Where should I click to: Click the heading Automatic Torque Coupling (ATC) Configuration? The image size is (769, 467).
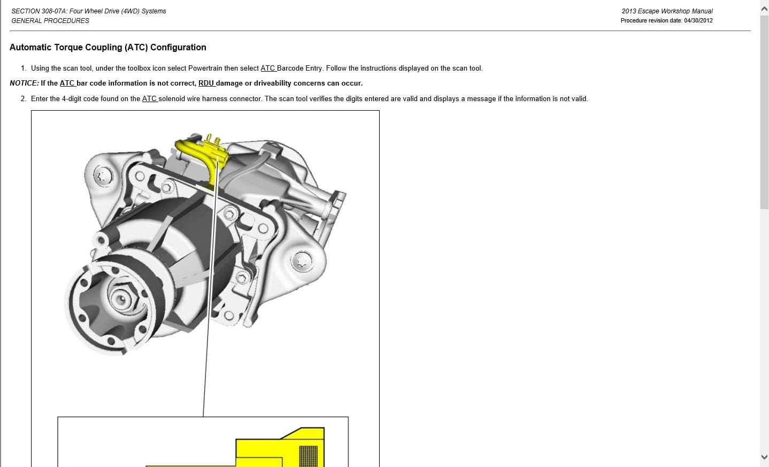click(108, 48)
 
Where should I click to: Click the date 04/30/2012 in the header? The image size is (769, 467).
click(698, 21)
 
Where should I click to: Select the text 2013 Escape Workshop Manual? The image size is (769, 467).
click(667, 11)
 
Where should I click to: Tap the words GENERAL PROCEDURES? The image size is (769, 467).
click(50, 21)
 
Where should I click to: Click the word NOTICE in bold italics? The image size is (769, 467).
click(24, 83)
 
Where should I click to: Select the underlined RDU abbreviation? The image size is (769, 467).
click(206, 83)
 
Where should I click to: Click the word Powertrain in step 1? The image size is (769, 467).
click(205, 68)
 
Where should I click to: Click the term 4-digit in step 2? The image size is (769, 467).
click(71, 99)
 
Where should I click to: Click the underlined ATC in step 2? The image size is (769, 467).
click(149, 99)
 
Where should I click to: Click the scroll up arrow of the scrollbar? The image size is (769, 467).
click(764, 10)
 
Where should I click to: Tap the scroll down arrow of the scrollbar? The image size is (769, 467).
click(764, 457)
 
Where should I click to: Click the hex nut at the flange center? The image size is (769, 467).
click(121, 298)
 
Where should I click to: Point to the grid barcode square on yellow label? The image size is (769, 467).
click(308, 456)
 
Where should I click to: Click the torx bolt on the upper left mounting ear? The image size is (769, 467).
click(103, 177)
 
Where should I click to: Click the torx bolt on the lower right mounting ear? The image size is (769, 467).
click(302, 262)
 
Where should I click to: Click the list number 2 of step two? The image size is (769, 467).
click(22, 99)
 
